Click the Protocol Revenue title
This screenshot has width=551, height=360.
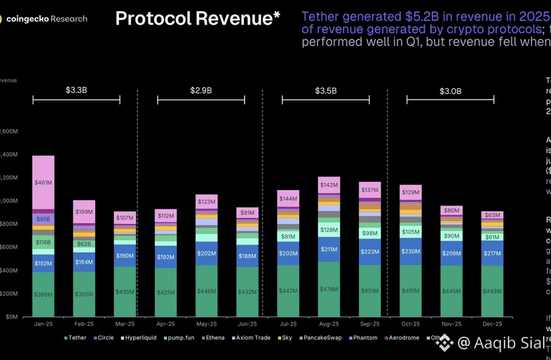(x=193, y=19)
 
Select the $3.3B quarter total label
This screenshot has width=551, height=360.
(x=76, y=90)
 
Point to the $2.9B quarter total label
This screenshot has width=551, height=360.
(x=201, y=90)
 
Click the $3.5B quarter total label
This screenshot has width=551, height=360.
(x=325, y=90)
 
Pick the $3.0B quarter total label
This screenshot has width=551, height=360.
(x=450, y=90)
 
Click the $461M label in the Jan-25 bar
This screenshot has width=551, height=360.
(x=43, y=182)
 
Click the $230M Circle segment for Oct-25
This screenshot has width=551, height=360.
(x=410, y=252)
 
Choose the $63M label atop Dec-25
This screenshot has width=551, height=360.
(x=493, y=215)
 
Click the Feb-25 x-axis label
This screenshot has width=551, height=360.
(x=84, y=323)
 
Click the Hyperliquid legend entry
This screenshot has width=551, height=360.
(x=136, y=337)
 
